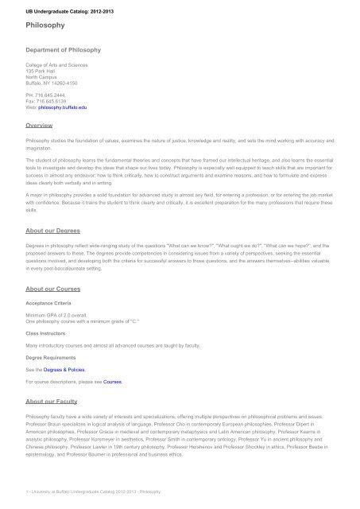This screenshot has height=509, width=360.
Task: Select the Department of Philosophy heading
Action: click(x=64, y=50)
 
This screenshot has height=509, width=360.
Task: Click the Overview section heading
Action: click(x=40, y=126)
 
